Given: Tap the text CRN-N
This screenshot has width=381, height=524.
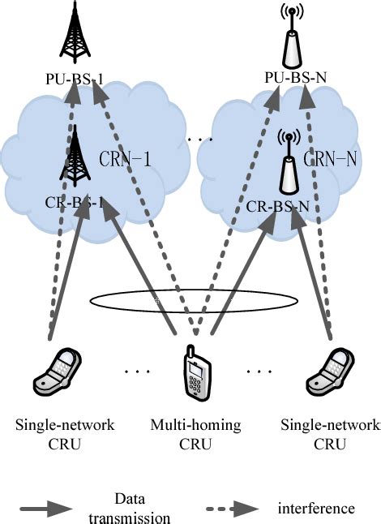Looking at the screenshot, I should tap(329, 161).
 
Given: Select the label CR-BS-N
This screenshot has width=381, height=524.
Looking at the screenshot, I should tap(279, 206).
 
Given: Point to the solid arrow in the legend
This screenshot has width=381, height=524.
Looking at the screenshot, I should tap(52, 509).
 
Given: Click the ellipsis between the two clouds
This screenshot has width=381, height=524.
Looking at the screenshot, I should tap(199, 140).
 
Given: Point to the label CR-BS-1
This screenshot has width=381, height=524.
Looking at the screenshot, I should tap(75, 202).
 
